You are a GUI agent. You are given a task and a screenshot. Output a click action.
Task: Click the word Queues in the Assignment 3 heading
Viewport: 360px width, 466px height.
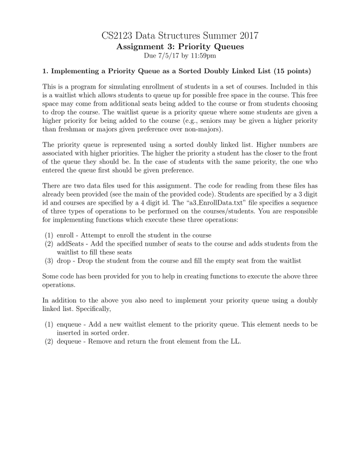228,47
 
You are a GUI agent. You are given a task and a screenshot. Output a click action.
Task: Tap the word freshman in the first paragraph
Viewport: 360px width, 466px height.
72,130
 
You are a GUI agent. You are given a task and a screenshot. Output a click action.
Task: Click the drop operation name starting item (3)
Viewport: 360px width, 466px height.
63,261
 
